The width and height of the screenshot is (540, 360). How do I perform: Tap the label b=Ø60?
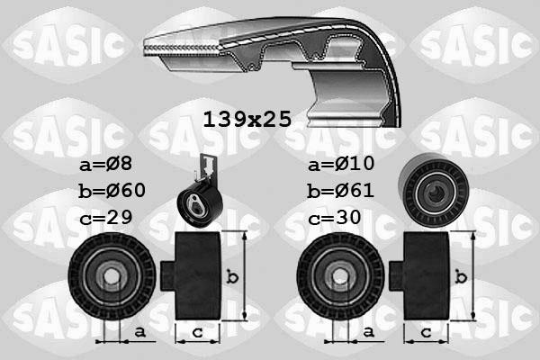coord(112,191)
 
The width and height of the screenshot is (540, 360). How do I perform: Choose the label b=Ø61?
coord(339,191)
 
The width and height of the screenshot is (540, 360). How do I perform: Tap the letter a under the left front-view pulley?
coord(139,332)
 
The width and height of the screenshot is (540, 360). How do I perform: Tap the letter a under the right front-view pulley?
coord(366,332)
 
